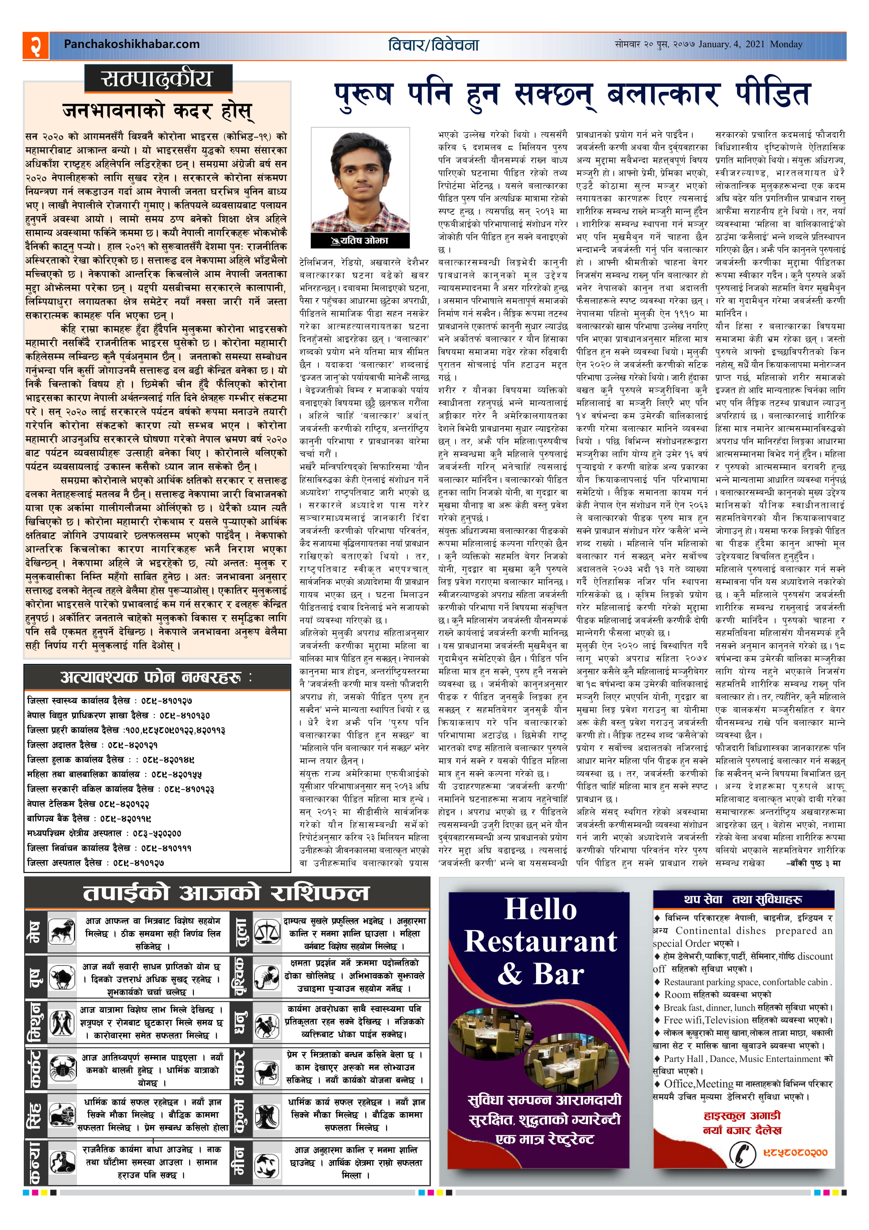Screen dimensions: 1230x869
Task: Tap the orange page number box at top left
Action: (35, 45)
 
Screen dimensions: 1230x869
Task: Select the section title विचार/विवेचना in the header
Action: (433, 45)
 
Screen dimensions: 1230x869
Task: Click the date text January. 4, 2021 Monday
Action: (750, 45)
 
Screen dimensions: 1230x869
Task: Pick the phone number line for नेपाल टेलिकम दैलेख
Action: (88, 804)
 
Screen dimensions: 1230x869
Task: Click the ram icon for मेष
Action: (62, 931)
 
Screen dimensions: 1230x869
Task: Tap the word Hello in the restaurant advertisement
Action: (541, 909)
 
